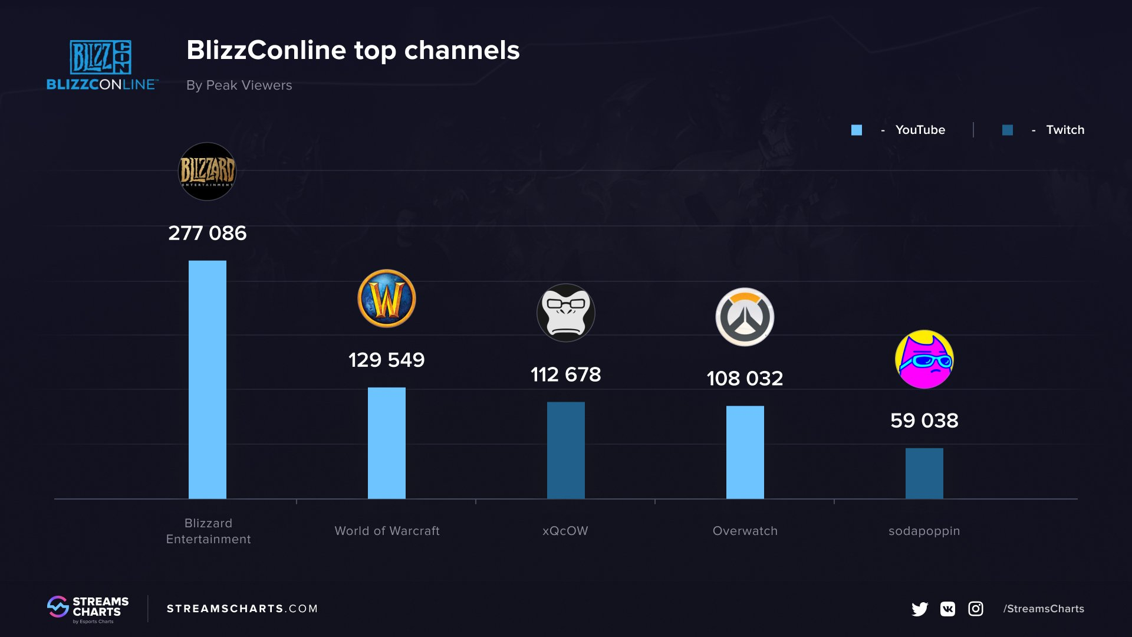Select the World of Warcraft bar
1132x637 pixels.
pyautogui.click(x=387, y=443)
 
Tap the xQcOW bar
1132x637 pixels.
pyautogui.click(x=566, y=450)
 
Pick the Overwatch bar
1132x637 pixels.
pyautogui.click(x=745, y=452)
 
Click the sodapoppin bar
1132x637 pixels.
pyautogui.click(x=924, y=473)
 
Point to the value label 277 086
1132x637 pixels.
pyautogui.click(x=208, y=233)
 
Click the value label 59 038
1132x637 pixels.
pyautogui.click(x=924, y=421)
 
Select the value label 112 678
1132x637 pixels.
pyautogui.click(x=566, y=375)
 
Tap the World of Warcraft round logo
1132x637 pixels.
pyautogui.click(x=387, y=298)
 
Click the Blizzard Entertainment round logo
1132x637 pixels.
pyautogui.click(x=207, y=172)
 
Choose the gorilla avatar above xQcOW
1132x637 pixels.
pyautogui.click(x=566, y=313)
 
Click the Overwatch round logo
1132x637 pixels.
pyautogui.click(x=745, y=317)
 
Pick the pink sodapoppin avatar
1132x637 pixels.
pyautogui.click(x=924, y=359)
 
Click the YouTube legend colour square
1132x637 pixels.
pyautogui.click(x=857, y=130)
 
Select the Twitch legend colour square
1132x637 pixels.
pyautogui.click(x=1008, y=130)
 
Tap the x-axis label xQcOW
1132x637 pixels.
pyautogui.click(x=565, y=531)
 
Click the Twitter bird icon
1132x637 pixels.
pyautogui.click(x=920, y=609)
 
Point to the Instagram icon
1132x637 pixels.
pyautogui.click(x=976, y=609)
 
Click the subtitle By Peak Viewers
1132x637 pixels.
pyautogui.click(x=239, y=85)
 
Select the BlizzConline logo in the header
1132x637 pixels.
pyautogui.click(x=102, y=65)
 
